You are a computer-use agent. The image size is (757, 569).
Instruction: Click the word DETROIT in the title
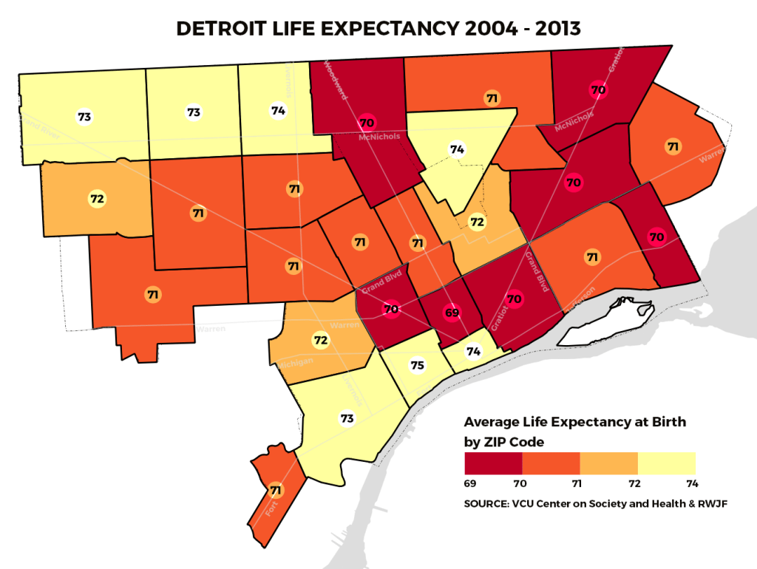[223, 29]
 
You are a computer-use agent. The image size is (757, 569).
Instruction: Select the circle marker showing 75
[418, 365]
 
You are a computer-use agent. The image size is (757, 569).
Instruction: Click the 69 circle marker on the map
[452, 313]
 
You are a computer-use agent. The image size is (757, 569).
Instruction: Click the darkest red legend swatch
[493, 463]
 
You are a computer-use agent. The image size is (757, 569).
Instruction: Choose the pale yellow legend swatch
[666, 463]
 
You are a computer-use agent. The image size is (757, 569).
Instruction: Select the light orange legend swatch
[608, 463]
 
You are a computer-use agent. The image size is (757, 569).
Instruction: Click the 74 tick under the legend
[690, 483]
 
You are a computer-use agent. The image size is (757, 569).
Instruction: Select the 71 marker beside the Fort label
[276, 490]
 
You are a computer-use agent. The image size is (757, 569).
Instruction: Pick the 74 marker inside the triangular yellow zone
[457, 150]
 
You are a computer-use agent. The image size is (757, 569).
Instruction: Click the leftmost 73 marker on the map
[84, 117]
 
